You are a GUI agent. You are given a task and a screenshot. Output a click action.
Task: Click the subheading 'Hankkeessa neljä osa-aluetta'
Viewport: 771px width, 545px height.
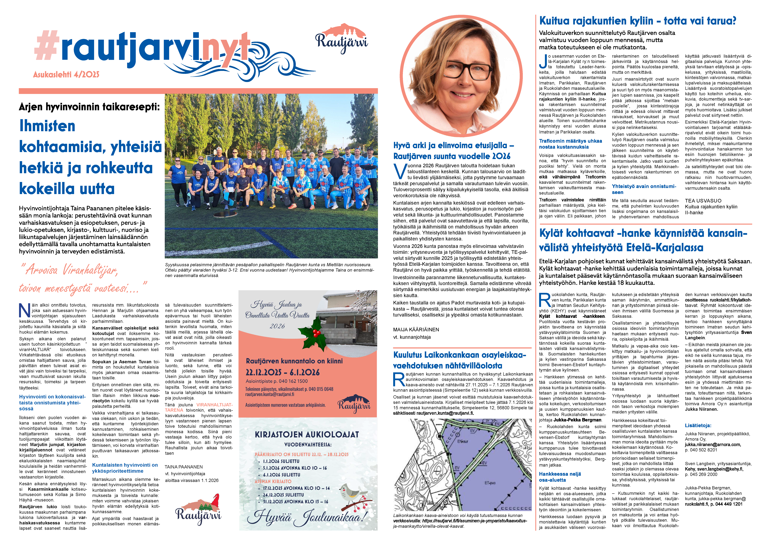click(x=560, y=477)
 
